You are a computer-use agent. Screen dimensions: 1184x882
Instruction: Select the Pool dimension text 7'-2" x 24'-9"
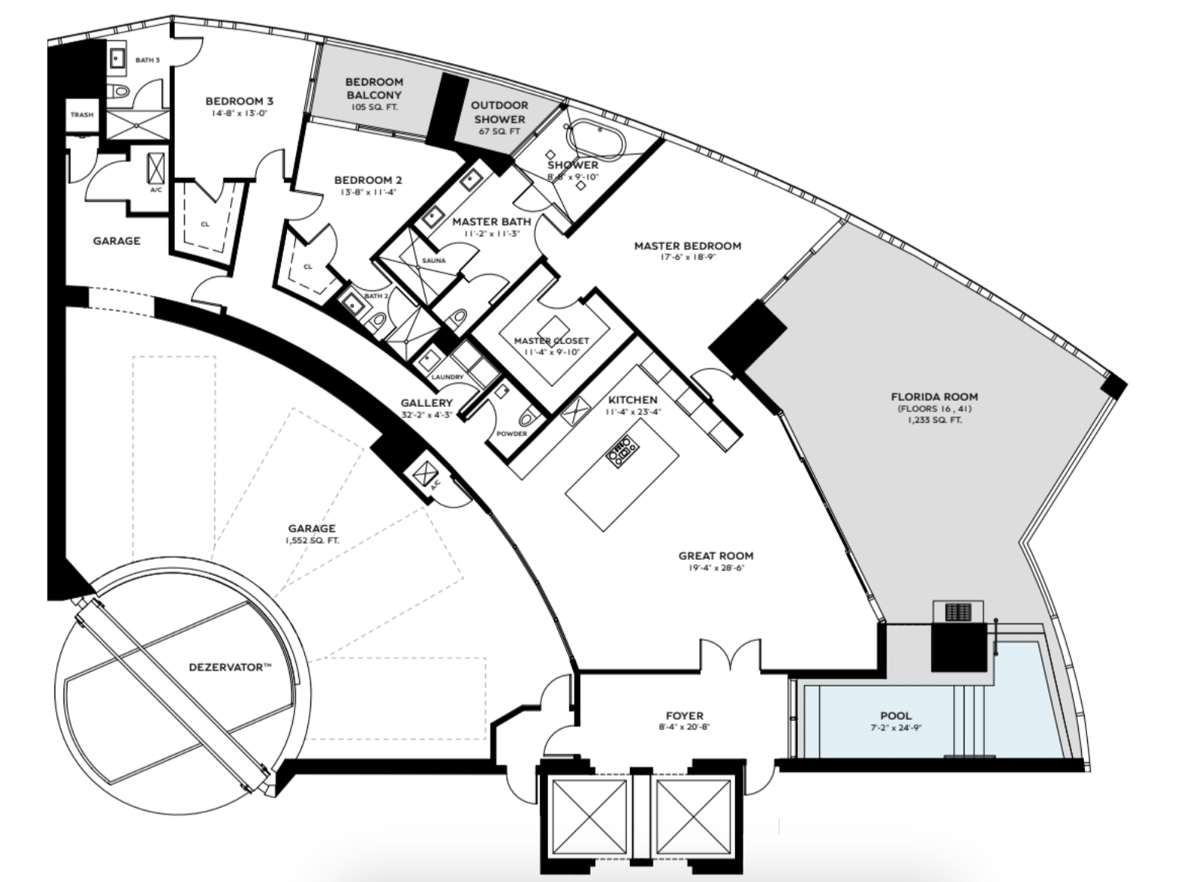click(x=896, y=727)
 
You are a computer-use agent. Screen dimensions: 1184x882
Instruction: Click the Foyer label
click(x=684, y=715)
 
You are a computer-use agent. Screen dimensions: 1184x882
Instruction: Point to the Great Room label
click(x=716, y=556)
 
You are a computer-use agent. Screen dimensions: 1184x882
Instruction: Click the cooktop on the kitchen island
click(x=622, y=452)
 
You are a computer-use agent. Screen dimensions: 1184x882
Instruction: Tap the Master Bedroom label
click(x=687, y=246)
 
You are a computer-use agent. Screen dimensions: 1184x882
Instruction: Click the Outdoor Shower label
click(x=500, y=112)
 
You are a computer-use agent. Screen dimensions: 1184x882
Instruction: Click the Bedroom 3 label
click(x=239, y=101)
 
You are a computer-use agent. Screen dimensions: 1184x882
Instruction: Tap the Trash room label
click(x=82, y=114)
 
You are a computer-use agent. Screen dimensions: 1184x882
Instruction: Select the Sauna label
click(x=434, y=261)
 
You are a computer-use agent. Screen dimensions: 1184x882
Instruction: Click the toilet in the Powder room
click(x=528, y=414)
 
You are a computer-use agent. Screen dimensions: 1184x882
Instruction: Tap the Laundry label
click(x=447, y=377)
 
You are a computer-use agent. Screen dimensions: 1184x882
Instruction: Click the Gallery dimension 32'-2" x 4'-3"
click(x=426, y=414)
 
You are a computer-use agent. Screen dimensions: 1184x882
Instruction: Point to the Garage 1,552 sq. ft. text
click(x=312, y=540)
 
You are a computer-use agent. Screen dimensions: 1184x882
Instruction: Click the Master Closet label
click(x=551, y=341)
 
